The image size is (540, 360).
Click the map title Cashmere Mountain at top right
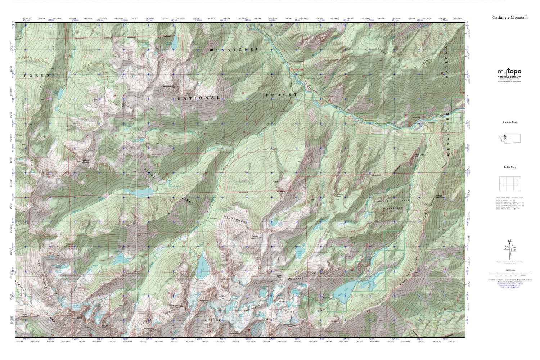510,17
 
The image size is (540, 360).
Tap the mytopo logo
509,72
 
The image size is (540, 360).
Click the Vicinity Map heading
510,122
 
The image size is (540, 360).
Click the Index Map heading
510,167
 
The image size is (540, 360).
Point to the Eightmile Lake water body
140,192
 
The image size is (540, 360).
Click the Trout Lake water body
59,93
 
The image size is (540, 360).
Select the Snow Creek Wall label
419,156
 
